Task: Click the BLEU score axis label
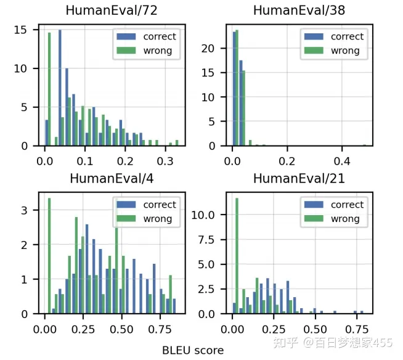point(193,350)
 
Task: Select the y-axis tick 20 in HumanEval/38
point(213,48)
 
